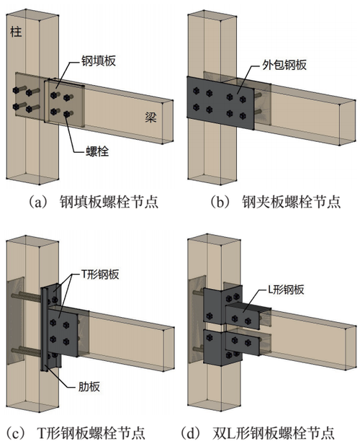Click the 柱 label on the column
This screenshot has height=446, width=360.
[16, 31]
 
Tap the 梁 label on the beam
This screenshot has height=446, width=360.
[150, 117]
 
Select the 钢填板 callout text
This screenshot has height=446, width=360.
[99, 61]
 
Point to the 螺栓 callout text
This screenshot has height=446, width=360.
[97, 151]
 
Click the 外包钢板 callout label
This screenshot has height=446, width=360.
[284, 65]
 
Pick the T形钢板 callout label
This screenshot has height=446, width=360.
[100, 275]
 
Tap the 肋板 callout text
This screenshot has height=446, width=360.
[89, 386]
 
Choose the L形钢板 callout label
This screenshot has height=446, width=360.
[286, 290]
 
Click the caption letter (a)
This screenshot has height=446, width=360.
[37, 202]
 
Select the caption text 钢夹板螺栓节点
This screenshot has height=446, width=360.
[291, 202]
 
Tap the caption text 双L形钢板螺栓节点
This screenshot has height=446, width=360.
[273, 432]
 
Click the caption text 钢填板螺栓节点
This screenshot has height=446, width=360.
[109, 202]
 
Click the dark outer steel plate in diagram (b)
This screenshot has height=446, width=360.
[220, 103]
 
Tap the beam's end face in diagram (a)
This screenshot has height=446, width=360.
[168, 122]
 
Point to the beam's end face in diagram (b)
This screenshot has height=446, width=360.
[347, 122]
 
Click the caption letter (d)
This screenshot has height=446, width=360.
[190, 432]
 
